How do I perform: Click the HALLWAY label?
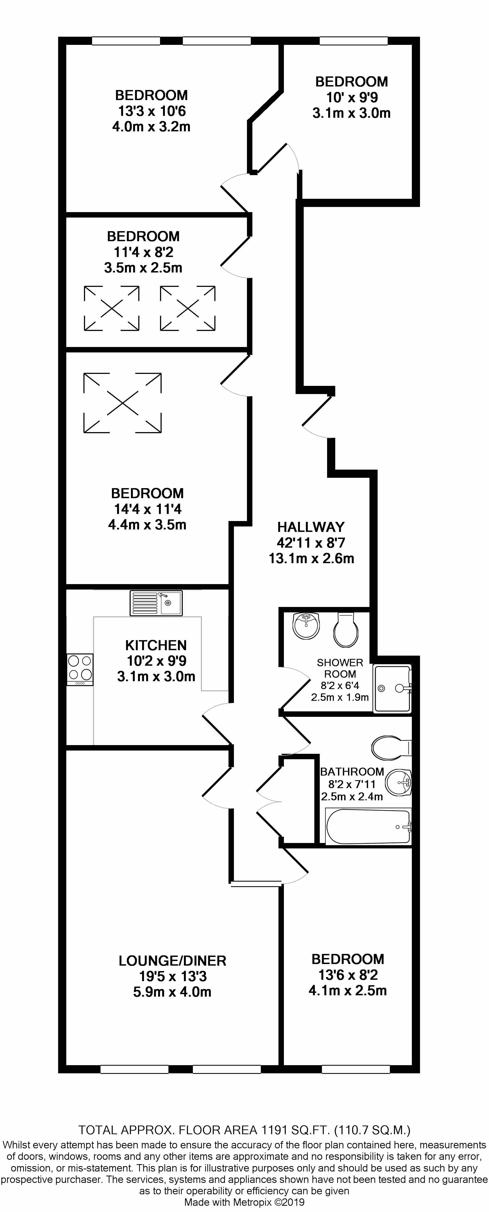pyautogui.click(x=311, y=527)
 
